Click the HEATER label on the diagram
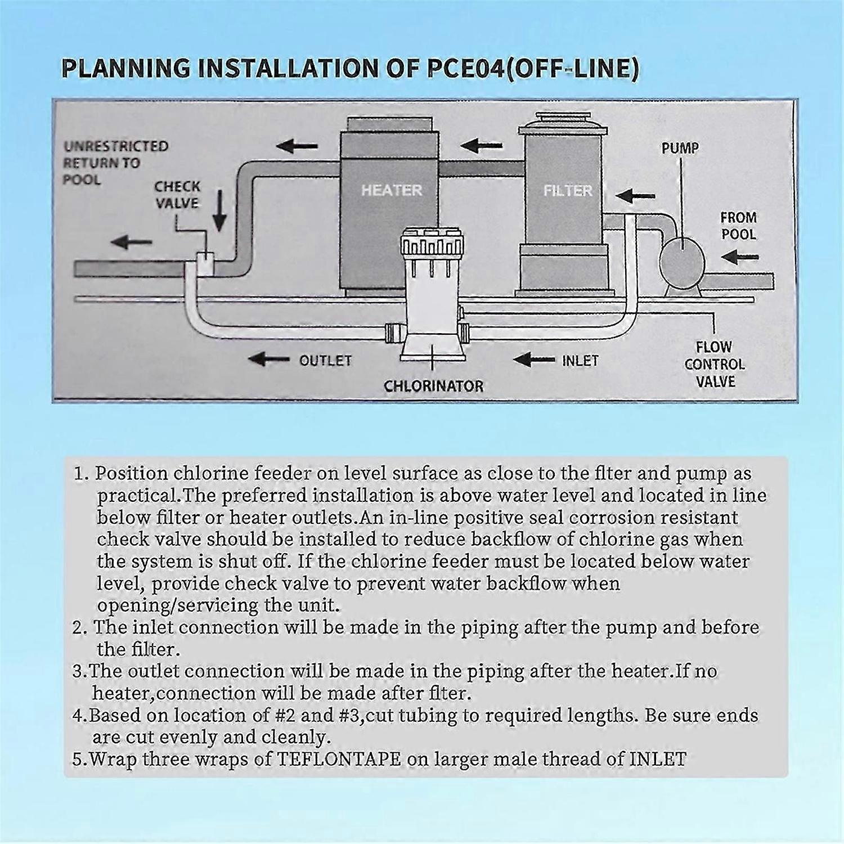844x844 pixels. click(391, 190)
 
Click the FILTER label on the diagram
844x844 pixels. click(567, 191)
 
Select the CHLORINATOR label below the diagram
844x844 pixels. click(433, 386)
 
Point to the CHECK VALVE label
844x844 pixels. click(177, 194)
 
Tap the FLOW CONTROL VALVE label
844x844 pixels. click(714, 364)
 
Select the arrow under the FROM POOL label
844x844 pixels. click(739, 257)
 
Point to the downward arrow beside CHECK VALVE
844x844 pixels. click(219, 211)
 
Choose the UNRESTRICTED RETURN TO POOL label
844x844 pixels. click(115, 163)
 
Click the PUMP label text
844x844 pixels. click(680, 148)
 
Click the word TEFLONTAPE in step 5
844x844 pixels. click(339, 759)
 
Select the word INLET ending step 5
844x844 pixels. click(658, 759)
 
